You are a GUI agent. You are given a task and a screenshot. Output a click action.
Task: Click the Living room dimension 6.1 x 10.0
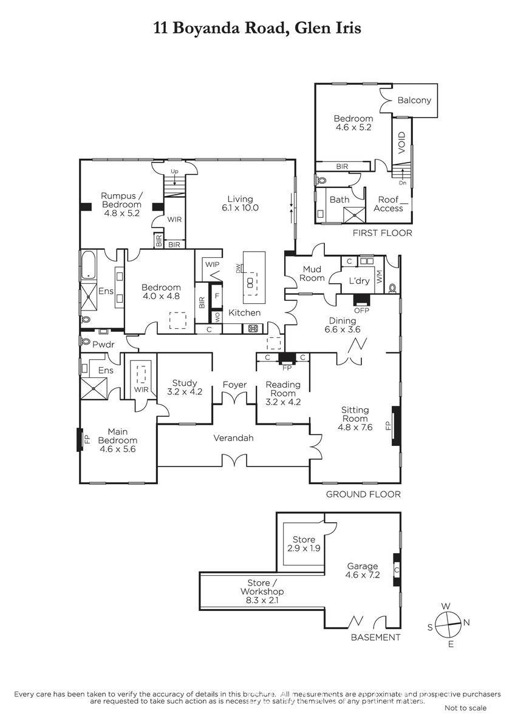pos(240,208)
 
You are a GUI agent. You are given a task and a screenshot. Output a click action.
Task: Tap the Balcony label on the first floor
pos(414,100)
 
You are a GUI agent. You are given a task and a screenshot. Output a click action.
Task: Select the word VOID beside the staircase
pos(402,143)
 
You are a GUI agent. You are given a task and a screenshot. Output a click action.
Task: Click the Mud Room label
pos(312,274)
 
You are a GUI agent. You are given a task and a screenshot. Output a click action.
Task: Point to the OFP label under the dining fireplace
pos(361,311)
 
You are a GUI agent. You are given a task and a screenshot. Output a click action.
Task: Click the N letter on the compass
pos(466,622)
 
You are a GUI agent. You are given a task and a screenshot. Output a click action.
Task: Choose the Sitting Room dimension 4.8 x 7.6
pos(355,427)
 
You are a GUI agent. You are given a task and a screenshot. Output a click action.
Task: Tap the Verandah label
pos(233,438)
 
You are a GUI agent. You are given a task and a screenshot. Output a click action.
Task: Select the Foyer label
pos(234,385)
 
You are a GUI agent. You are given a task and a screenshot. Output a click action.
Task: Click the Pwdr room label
pos(103,345)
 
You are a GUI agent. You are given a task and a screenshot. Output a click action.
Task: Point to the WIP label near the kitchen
pos(212,265)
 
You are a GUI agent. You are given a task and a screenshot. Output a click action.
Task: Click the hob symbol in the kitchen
pos(253,329)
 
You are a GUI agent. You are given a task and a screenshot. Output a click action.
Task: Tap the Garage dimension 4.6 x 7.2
pos(363,575)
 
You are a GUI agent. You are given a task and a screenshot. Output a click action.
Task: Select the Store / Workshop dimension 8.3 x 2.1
pos(262,600)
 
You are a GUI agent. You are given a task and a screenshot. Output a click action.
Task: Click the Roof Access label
pos(388,204)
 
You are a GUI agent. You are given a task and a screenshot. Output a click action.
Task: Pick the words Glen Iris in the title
pos(327,28)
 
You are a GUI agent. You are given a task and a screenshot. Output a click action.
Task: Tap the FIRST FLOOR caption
pos(382,233)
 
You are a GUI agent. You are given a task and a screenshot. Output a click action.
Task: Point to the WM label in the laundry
pos(379,277)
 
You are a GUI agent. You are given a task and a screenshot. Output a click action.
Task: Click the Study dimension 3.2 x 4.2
pos(185,392)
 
